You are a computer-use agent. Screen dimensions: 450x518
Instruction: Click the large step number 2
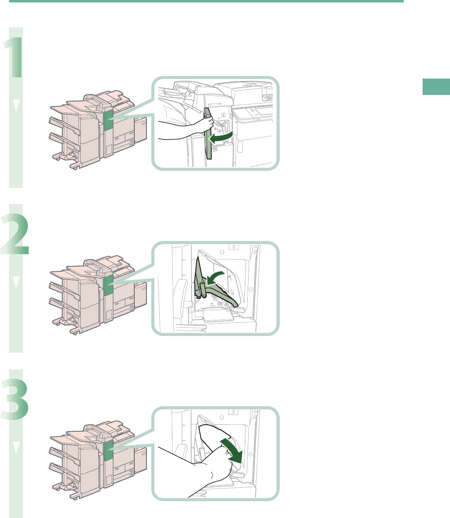coord(15,234)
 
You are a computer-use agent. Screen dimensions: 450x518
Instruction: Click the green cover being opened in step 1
coord(208,133)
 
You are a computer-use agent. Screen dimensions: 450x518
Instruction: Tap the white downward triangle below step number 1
coord(16,105)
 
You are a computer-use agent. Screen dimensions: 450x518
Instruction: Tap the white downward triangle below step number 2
coord(16,282)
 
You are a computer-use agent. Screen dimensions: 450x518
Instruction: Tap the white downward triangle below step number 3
coord(16,447)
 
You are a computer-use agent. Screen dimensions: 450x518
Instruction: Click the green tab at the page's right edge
coord(436,87)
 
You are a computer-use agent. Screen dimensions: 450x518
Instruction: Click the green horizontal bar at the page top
coord(206,1)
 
